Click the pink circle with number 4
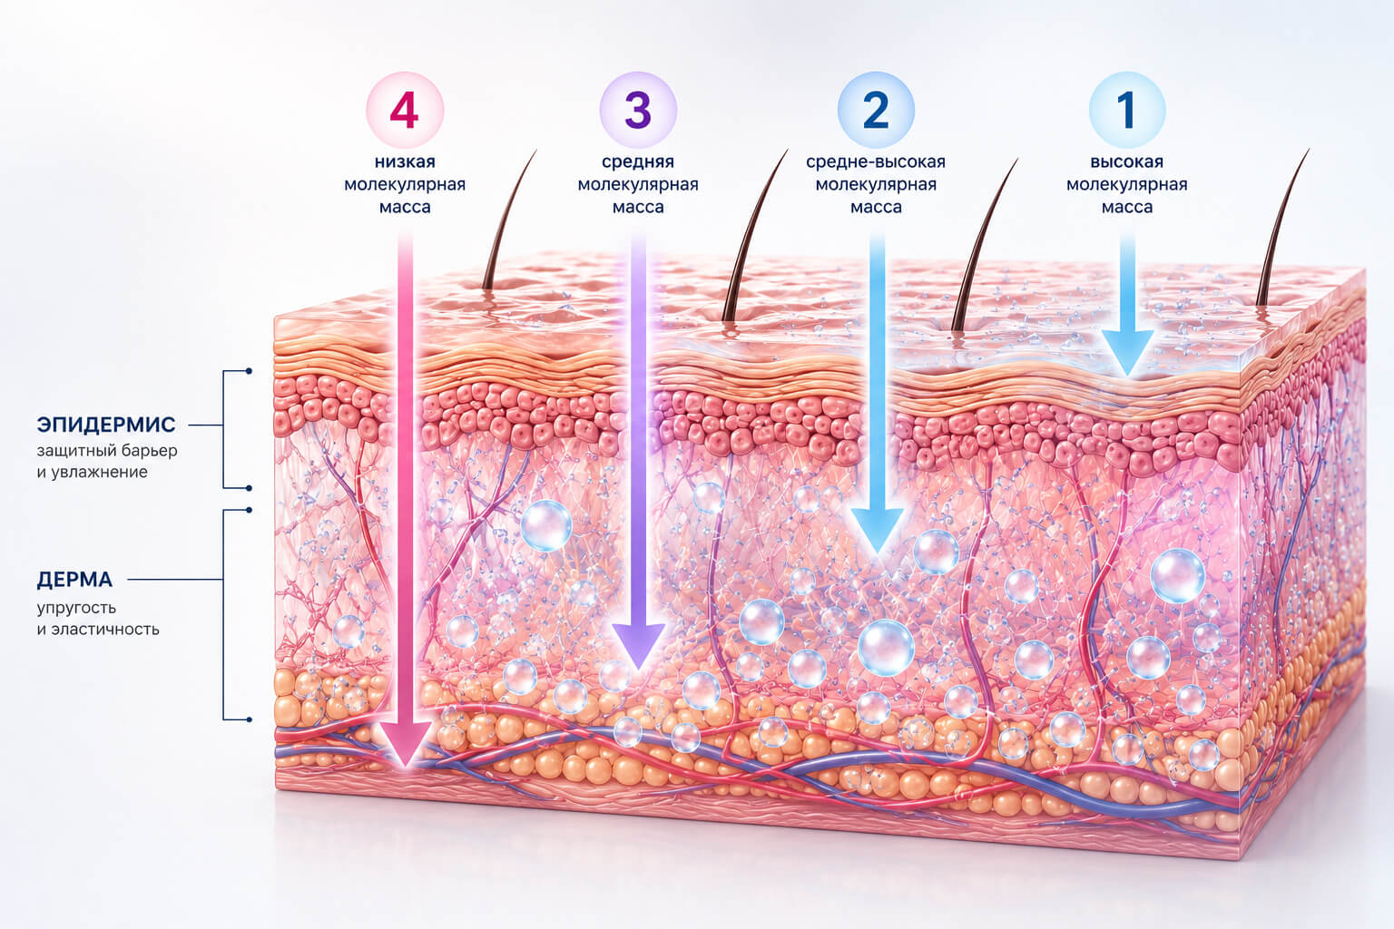405,110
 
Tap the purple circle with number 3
638,110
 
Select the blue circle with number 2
876,110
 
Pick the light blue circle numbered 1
1127,110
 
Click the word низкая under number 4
405,161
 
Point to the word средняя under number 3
638,162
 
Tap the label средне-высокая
876,162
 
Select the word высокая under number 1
1127,161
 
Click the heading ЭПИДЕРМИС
106,425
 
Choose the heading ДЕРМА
74,580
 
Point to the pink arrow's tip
406,764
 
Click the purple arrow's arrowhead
639,647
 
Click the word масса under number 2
876,207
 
